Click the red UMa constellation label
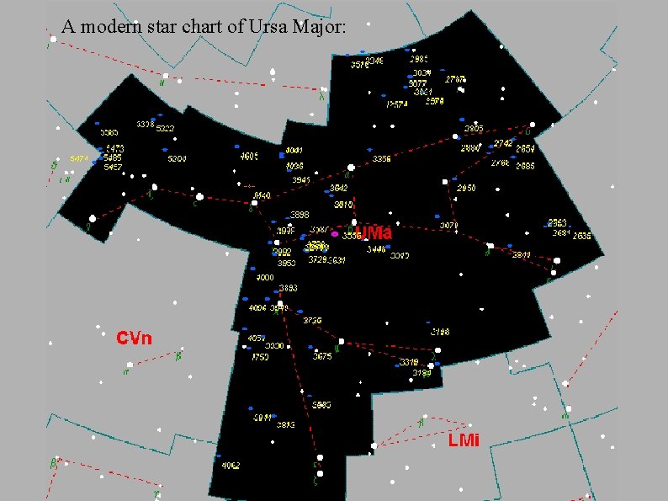374,232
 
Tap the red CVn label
134,338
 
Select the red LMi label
464,440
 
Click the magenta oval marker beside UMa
335,234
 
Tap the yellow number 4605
249,156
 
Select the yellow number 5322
165,129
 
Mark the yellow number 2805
474,129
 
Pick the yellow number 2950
465,188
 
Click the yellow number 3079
448,225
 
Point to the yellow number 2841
522,254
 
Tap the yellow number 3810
343,204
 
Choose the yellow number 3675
322,356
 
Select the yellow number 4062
231,465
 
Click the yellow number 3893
288,288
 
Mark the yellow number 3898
300,215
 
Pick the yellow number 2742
503,143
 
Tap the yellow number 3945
300,179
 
